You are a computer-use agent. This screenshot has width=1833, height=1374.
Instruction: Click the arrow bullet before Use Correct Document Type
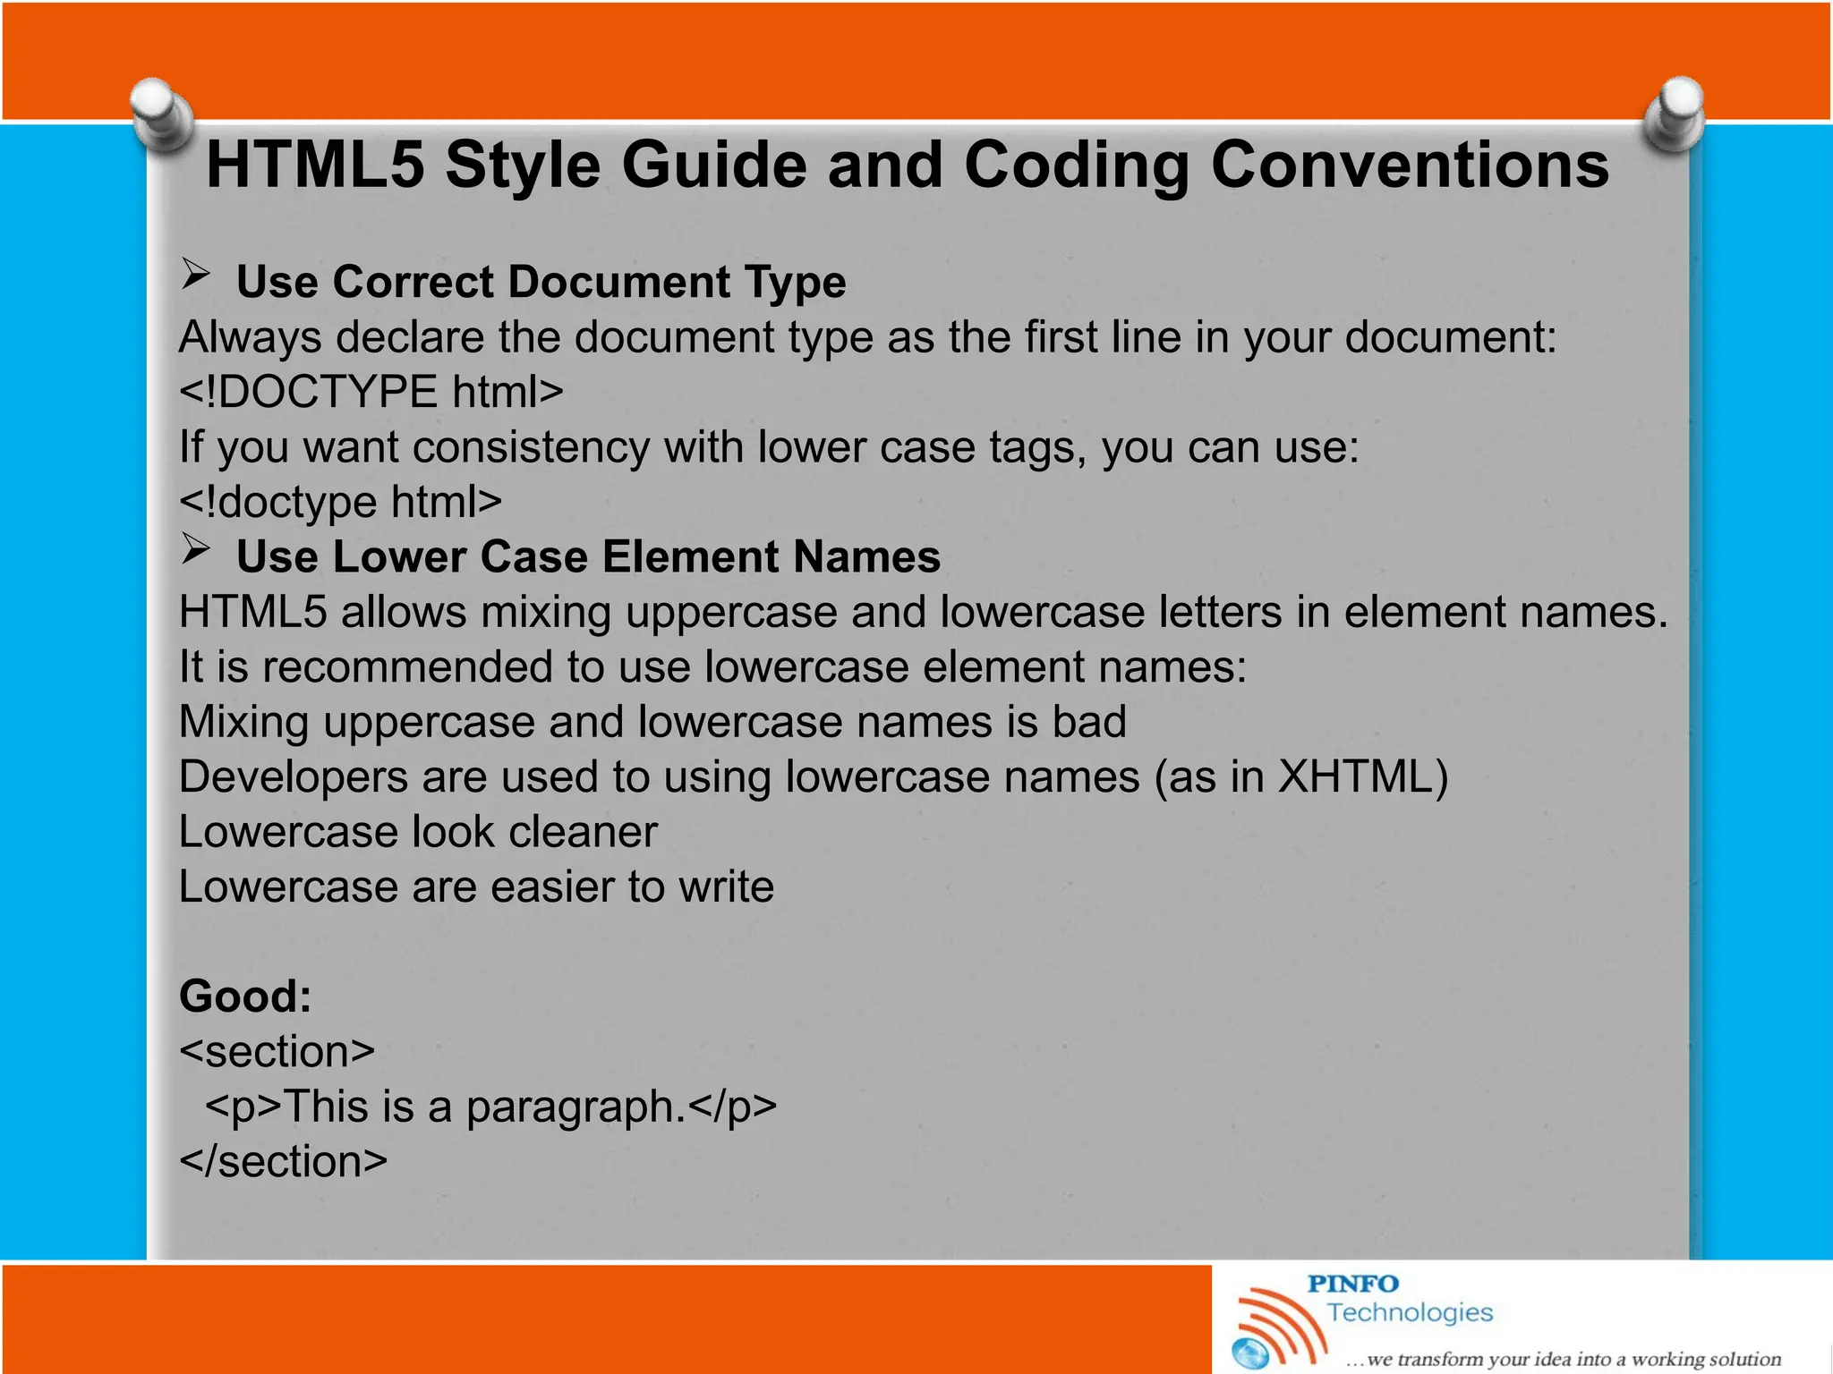tap(195, 274)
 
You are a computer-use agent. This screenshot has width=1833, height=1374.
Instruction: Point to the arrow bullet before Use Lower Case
tap(195, 548)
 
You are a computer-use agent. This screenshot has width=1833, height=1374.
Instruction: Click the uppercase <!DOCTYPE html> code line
tap(371, 392)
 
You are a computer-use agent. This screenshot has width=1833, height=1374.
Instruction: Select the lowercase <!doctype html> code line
tap(340, 502)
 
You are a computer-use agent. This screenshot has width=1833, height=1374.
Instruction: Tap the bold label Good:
tap(245, 997)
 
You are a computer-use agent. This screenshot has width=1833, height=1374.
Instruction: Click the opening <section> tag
tap(277, 1052)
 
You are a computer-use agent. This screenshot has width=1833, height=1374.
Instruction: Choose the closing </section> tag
tap(283, 1162)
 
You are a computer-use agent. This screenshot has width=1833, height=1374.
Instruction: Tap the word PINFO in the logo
tap(1352, 1284)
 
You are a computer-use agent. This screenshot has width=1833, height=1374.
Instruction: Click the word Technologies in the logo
tap(1410, 1312)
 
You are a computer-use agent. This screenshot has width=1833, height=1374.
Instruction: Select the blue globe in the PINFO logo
tap(1250, 1353)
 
